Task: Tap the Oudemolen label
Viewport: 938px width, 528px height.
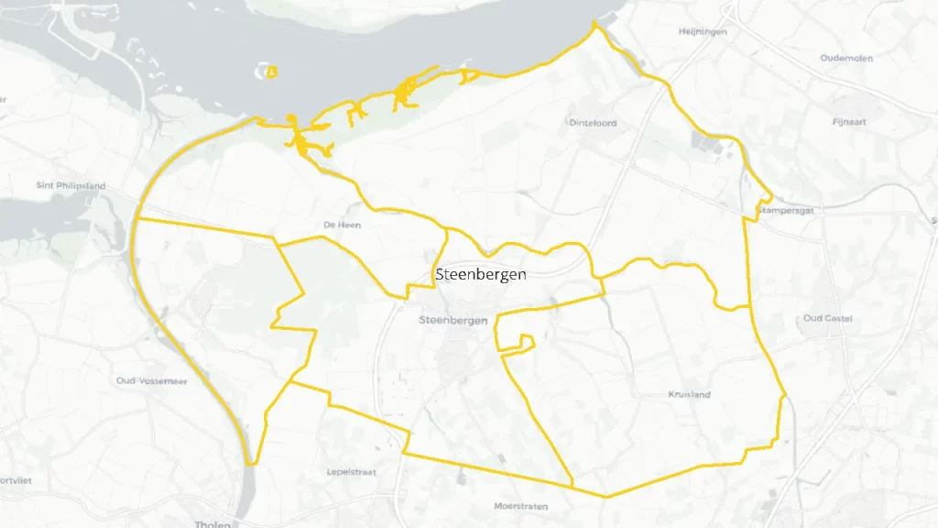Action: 846,58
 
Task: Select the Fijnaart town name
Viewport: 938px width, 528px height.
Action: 850,121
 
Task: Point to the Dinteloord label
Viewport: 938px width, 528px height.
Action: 593,123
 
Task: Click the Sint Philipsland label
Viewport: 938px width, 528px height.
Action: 71,185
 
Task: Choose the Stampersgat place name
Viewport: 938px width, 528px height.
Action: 786,210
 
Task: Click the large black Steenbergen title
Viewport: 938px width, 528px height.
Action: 481,274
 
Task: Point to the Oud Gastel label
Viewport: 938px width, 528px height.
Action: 828,318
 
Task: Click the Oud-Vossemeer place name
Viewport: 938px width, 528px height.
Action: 152,380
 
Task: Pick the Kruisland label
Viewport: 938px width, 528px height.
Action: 690,394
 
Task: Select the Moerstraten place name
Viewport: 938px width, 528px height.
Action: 520,506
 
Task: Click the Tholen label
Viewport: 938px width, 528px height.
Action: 214,524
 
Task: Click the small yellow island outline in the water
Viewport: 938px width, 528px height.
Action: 269,71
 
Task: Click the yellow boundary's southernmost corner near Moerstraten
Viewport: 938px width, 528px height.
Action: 606,497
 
